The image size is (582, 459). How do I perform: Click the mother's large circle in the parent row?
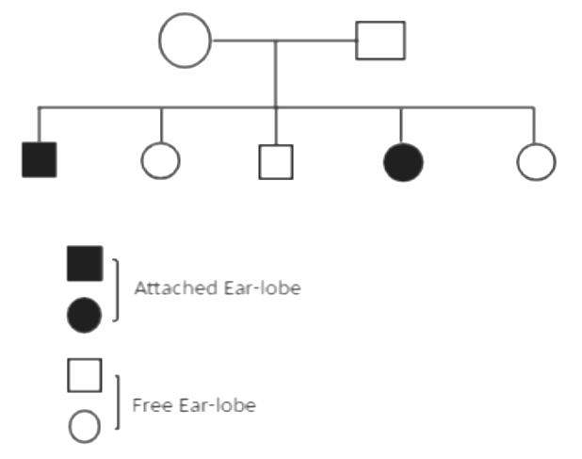click(x=185, y=41)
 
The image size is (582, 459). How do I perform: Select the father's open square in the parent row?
click(x=380, y=41)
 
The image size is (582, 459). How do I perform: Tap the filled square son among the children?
click(x=40, y=159)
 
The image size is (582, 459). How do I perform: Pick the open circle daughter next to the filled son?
click(x=160, y=160)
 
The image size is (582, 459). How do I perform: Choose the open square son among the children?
click(x=275, y=161)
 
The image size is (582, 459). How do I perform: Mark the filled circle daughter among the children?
click(x=403, y=161)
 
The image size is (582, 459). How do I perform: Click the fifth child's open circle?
click(x=536, y=161)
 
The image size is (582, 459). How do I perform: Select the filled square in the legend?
click(x=85, y=263)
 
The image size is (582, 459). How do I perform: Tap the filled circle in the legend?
click(x=85, y=315)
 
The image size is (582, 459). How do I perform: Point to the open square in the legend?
click(x=85, y=374)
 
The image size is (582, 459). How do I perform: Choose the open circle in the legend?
click(x=85, y=426)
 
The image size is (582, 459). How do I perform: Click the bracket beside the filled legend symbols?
click(x=116, y=289)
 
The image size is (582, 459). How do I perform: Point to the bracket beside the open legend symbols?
click(x=116, y=402)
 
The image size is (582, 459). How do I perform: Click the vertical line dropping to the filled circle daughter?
click(x=402, y=124)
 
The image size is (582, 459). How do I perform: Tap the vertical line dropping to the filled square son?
click(x=40, y=124)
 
